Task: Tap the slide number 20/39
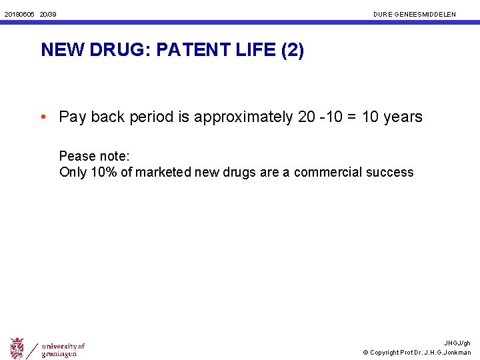[48, 13]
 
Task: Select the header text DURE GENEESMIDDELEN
[415, 13]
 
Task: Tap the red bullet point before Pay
[43, 117]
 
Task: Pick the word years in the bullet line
[403, 117]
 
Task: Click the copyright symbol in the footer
[366, 352]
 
